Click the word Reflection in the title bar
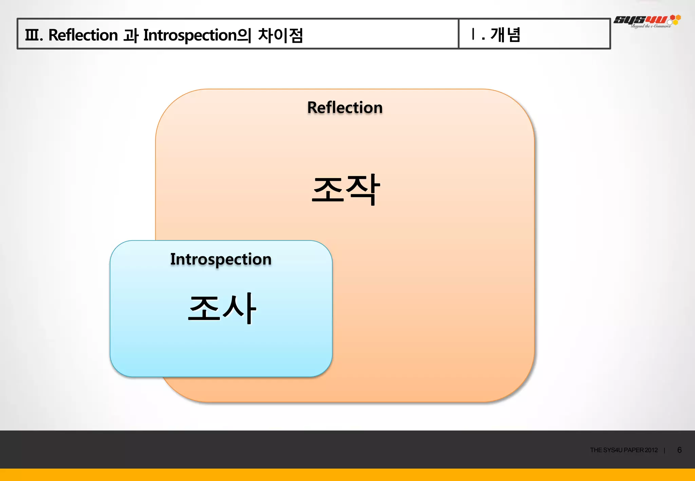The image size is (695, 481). pos(83,35)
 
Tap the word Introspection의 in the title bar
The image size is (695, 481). pos(197,35)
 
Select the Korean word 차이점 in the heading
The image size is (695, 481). pos(280,35)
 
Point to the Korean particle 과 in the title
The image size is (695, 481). pos(131,35)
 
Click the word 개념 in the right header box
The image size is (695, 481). pos(505,35)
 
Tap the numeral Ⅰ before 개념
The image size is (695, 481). pos(473,34)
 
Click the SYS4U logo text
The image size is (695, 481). pos(640,20)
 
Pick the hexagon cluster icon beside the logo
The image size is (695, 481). pos(675,19)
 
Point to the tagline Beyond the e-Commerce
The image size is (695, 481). pos(651,26)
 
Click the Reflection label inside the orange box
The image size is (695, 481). pos(345,108)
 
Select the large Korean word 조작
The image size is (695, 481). pos(345,189)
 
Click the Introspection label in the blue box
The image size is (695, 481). pos(221,259)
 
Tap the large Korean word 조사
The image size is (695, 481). pos(222,308)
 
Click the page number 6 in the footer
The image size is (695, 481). pos(679,450)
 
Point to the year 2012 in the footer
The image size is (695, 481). pos(651,450)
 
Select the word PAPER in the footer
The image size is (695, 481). pos(634,450)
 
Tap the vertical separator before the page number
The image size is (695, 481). pos(664,450)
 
